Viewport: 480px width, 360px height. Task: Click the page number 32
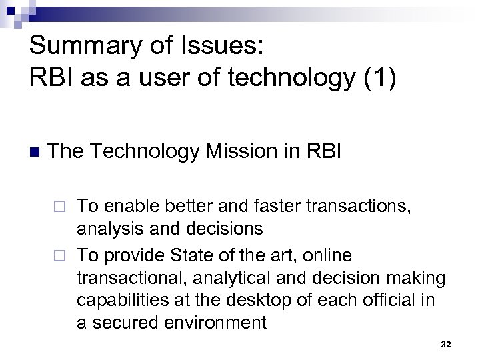tap(446, 344)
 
